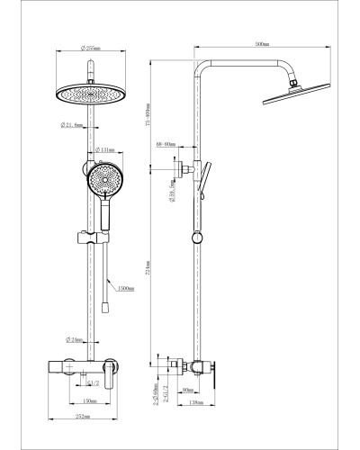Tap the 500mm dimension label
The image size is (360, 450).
[261, 43]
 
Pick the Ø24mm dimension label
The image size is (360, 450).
[76, 340]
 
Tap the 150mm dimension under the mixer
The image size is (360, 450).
[91, 400]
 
